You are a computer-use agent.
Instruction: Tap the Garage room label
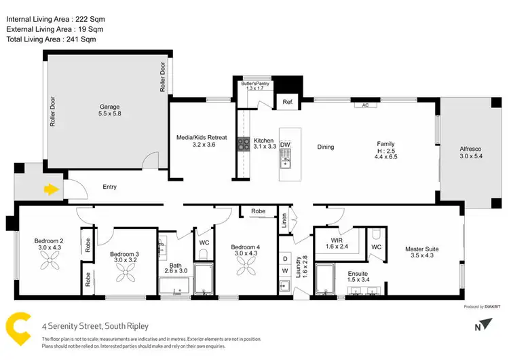[x=109, y=110]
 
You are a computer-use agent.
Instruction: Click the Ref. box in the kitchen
[x=287, y=103]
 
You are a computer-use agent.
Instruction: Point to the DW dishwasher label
[x=285, y=145]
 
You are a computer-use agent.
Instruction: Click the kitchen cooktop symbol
[x=243, y=144]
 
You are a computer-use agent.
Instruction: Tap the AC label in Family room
[x=364, y=105]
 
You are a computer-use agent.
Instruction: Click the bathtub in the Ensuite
[x=326, y=281]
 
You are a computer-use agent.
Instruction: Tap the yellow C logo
[x=18, y=329]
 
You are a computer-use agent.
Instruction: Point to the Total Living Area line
[x=50, y=40]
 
